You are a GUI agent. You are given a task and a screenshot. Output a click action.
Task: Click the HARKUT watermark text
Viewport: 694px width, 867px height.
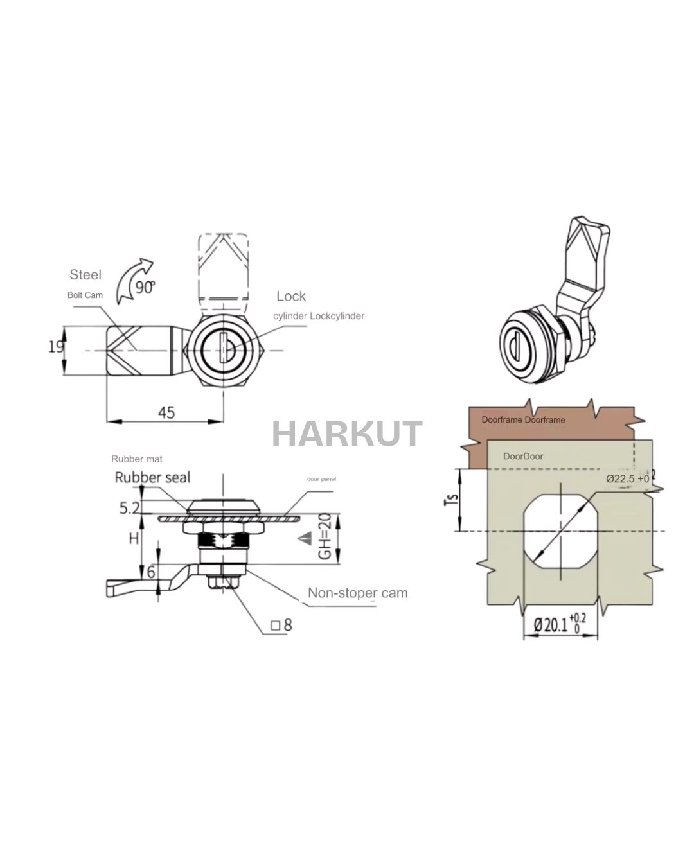tap(347, 433)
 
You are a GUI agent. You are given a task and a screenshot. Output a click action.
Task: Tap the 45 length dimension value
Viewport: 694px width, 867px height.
tap(166, 412)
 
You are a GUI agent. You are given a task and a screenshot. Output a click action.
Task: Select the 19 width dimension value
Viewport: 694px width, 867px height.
tap(56, 347)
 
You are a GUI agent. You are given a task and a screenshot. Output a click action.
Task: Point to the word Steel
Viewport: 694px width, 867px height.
tap(85, 275)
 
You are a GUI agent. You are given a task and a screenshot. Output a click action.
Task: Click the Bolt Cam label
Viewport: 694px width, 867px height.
tap(85, 295)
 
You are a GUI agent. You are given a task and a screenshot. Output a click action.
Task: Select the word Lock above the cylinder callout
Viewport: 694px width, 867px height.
tap(291, 296)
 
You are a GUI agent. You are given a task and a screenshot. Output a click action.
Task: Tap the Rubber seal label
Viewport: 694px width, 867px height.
tap(152, 477)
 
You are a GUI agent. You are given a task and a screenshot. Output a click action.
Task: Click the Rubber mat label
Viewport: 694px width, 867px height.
tap(137, 459)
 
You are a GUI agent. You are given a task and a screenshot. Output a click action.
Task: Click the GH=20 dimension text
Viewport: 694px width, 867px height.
tap(325, 536)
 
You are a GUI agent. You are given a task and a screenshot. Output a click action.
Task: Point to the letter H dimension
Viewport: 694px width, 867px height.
tap(134, 538)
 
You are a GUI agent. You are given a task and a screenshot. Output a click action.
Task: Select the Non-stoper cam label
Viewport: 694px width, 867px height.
tap(357, 593)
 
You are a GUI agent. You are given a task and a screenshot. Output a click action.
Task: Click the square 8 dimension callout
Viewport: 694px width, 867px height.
tap(281, 624)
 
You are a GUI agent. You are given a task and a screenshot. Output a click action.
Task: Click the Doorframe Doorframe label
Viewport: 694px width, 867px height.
tap(523, 420)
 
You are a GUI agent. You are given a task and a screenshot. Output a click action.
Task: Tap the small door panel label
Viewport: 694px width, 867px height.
tap(321, 479)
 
